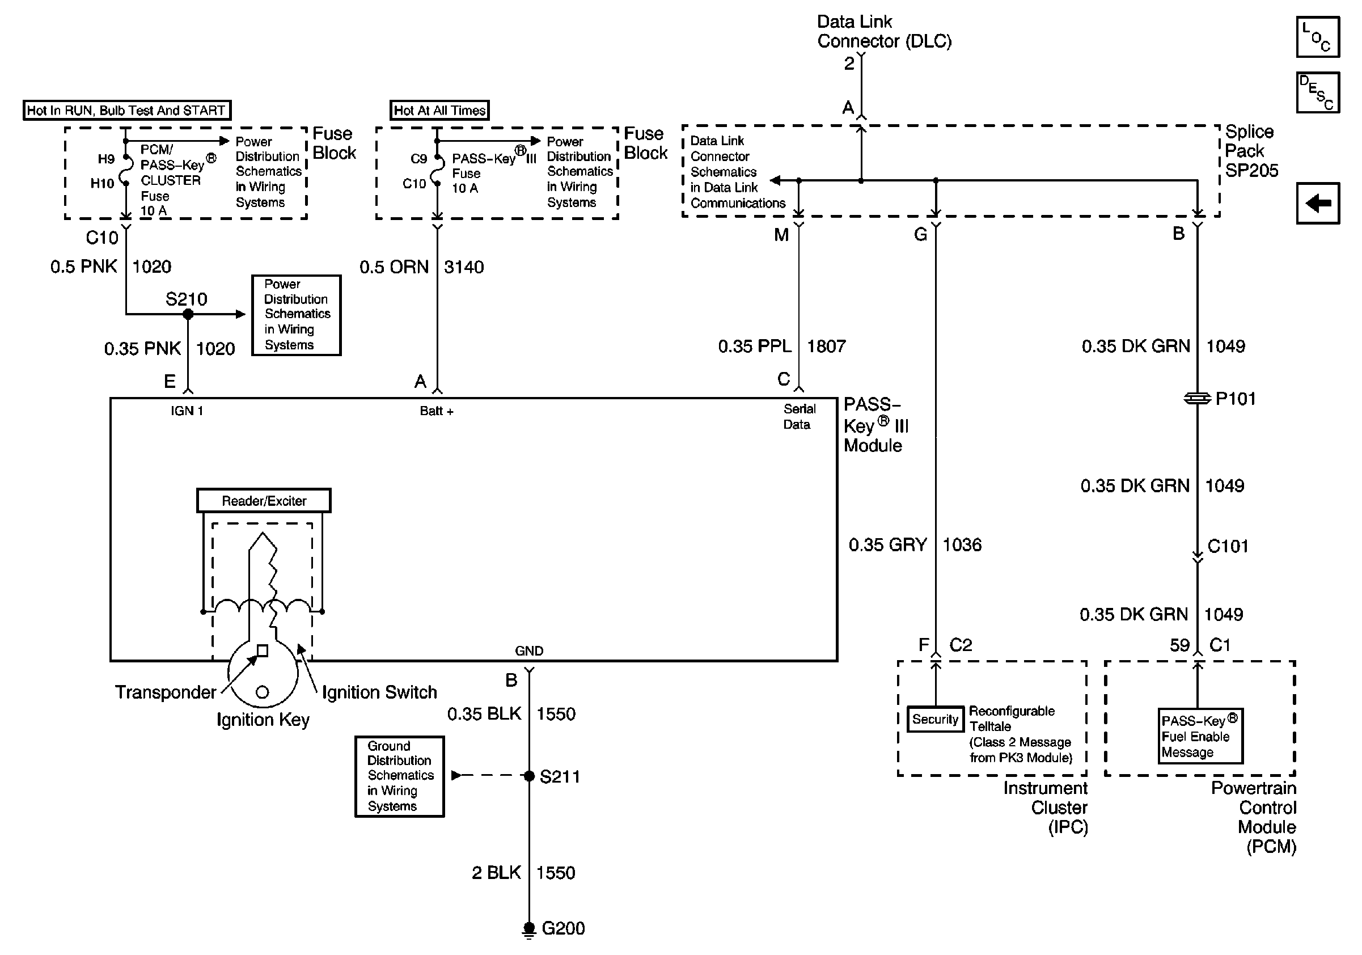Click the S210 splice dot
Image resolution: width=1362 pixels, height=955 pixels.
[x=188, y=314]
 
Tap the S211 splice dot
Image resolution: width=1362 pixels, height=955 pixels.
[x=529, y=775]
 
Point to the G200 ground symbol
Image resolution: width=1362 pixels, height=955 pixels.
[x=528, y=929]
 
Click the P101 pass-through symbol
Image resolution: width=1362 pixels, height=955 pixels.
[x=1197, y=399]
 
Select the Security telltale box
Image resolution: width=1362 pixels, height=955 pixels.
[x=936, y=719]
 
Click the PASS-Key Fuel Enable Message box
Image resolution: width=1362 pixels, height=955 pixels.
[x=1200, y=736]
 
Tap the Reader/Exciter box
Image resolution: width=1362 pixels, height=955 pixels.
[x=264, y=501]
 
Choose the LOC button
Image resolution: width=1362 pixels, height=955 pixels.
[x=1318, y=37]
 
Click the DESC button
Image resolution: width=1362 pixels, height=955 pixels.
[x=1318, y=92]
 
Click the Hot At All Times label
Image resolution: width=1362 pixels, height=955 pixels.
[x=439, y=111]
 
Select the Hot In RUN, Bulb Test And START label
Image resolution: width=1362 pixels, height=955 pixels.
[x=127, y=111]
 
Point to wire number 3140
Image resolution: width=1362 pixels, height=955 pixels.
[x=464, y=267]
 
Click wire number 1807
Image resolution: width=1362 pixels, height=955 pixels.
[x=826, y=346]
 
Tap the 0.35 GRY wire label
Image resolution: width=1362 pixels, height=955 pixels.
[x=887, y=544]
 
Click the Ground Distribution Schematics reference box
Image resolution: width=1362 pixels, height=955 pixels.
[x=400, y=776]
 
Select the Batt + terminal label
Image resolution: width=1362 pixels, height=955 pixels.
[x=437, y=411]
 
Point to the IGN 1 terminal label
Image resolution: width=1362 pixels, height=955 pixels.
[x=187, y=411]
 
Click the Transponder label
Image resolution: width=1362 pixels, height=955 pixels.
[x=166, y=692]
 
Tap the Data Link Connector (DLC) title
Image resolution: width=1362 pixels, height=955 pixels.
[x=884, y=31]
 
